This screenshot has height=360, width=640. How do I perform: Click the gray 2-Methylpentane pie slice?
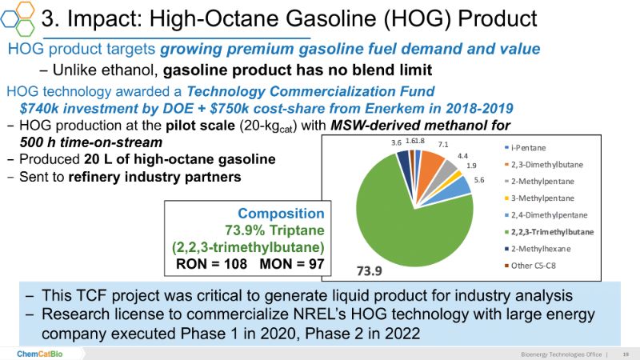(450, 169)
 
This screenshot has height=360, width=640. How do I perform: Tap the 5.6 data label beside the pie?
(480, 181)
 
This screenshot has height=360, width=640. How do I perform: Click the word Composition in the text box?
(281, 214)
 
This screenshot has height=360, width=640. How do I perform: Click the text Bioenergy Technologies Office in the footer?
(557, 353)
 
